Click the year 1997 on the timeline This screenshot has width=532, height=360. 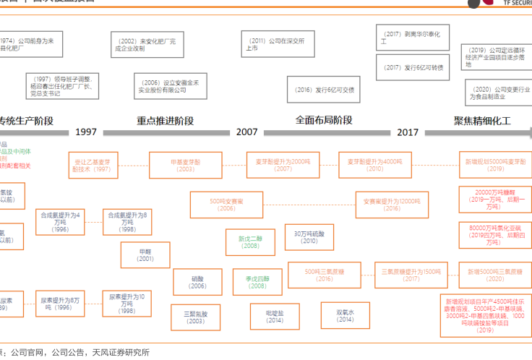click(85, 132)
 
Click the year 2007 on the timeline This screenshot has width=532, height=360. click(246, 132)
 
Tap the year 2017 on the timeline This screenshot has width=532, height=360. click(408, 132)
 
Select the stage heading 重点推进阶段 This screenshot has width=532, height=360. click(165, 121)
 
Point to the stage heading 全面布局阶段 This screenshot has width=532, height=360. click(324, 121)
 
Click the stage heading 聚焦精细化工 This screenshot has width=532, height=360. click(482, 121)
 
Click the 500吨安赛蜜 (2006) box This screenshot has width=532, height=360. click(226, 205)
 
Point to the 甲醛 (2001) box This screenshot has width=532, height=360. click(145, 255)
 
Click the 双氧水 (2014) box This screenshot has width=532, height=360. click(345, 315)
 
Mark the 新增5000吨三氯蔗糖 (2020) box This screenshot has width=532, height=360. click(495, 274)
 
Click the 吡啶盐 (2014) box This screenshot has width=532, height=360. click(274, 316)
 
